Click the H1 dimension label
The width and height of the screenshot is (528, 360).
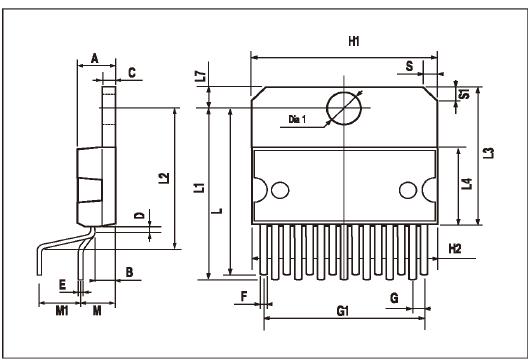pyautogui.click(x=354, y=41)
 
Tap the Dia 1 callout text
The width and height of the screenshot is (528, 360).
pyautogui.click(x=297, y=119)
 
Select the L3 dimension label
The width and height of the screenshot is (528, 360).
pyautogui.click(x=489, y=153)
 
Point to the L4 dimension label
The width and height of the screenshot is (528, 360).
pyautogui.click(x=467, y=184)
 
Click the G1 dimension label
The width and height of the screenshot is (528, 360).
pyautogui.click(x=342, y=310)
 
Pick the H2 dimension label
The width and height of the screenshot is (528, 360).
pyautogui.click(x=455, y=249)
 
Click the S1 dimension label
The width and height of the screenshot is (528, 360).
pyautogui.click(x=465, y=94)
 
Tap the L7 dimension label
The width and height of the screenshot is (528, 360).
pyautogui.click(x=201, y=76)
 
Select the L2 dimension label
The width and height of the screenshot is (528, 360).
pyautogui.click(x=164, y=178)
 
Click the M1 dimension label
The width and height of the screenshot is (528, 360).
pyautogui.click(x=62, y=310)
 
